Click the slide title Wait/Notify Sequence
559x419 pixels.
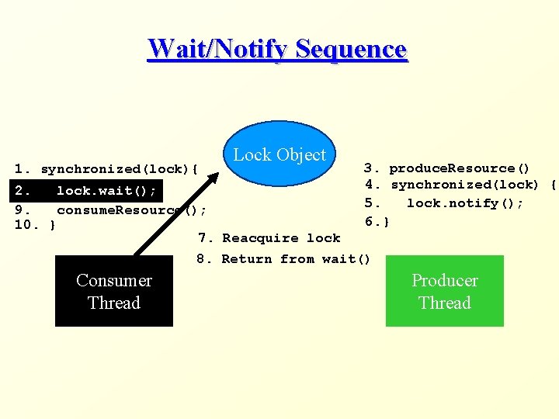[277, 48]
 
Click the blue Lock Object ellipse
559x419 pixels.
[280, 154]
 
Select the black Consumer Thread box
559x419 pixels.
[114, 291]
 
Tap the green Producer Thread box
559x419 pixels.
[445, 291]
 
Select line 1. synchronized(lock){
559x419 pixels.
[107, 169]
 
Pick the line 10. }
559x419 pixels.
[35, 225]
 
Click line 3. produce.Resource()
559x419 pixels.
[447, 168]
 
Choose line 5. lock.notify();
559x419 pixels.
[445, 203]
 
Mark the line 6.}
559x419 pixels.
[377, 222]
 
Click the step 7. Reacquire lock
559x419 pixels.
[269, 238]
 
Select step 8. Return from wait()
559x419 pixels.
[284, 259]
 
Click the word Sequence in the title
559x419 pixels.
[352, 48]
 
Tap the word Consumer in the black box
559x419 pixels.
[114, 280]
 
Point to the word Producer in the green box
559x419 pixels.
[445, 280]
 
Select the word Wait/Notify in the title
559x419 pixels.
[218, 48]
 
